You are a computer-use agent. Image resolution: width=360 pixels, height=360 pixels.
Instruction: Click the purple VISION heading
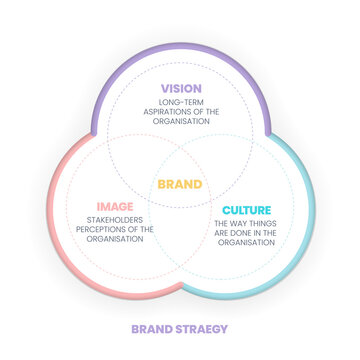[x=180, y=88]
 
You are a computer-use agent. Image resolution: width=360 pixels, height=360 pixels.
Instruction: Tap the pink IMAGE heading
[x=115, y=206]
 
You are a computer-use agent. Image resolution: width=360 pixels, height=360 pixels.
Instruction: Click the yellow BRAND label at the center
[x=180, y=184]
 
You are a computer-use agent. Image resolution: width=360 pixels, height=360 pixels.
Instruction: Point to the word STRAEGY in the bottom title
[x=204, y=329]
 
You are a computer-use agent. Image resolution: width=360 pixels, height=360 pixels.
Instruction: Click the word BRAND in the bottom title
[x=153, y=329]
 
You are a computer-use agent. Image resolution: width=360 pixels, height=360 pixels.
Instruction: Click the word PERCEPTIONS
[x=98, y=230]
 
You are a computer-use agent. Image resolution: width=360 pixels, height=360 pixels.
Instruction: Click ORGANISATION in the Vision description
[x=180, y=122]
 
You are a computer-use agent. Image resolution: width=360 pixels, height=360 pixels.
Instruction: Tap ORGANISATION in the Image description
[x=115, y=240]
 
